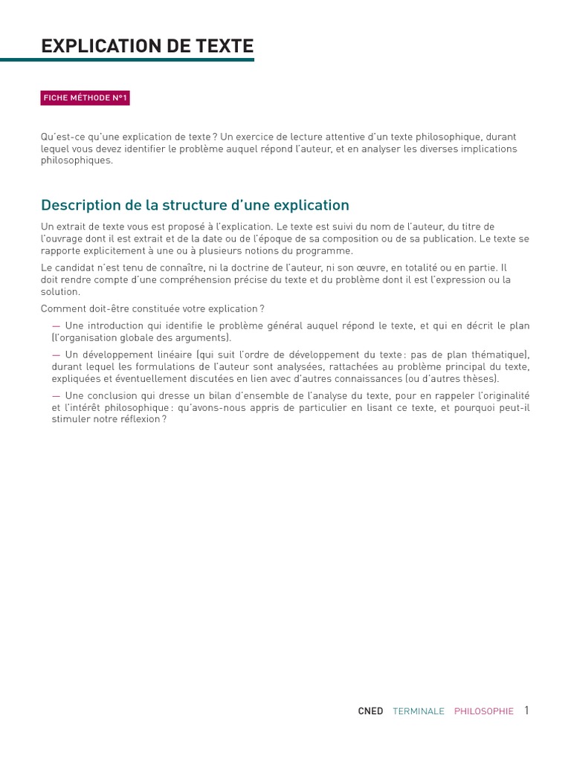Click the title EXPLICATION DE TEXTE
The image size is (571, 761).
(x=147, y=46)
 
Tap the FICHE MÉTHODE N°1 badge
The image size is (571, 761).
(x=86, y=98)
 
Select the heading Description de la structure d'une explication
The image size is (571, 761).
(x=195, y=205)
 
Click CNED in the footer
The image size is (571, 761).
(x=370, y=711)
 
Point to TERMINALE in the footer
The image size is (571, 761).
(x=419, y=711)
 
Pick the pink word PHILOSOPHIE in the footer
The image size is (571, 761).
(x=484, y=711)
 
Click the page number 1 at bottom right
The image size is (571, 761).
(x=526, y=710)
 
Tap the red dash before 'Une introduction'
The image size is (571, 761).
(x=57, y=326)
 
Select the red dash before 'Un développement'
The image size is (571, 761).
(x=57, y=355)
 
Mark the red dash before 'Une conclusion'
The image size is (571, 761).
(x=57, y=396)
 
